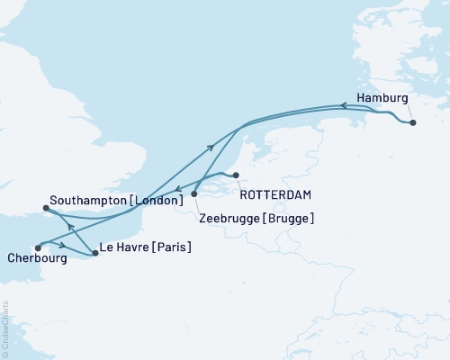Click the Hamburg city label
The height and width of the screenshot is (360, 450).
pos(382,98)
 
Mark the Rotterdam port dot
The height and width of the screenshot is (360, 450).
pos(236,175)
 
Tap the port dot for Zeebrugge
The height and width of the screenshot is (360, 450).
pos(194,193)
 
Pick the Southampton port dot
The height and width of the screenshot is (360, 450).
pos(44,209)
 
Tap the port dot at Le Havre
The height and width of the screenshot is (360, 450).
pos(94,254)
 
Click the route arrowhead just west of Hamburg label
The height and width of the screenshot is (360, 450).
pos(342,105)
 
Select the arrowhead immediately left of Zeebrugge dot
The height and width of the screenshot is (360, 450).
pos(179,191)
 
